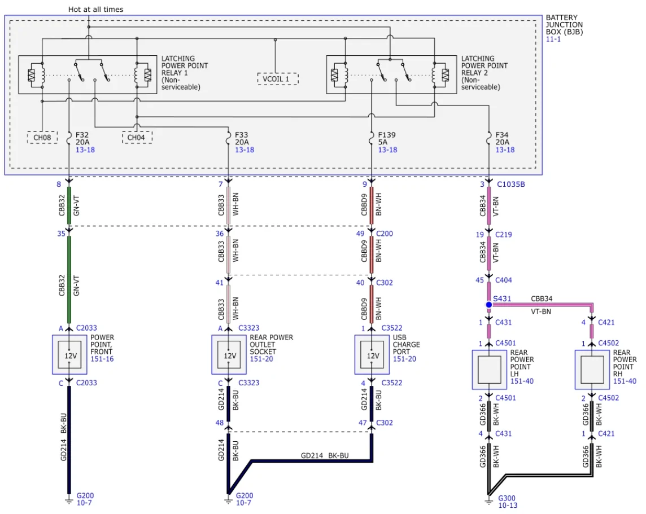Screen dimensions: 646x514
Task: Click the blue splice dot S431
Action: point(488,305)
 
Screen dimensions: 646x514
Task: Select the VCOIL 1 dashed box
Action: point(278,79)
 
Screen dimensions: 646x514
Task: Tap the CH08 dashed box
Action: point(42,138)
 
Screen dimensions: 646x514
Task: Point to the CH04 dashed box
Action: point(137,138)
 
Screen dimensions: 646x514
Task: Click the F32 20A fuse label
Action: point(82,138)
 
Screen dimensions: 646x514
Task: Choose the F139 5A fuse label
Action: point(387,138)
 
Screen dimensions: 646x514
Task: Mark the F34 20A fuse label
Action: point(502,138)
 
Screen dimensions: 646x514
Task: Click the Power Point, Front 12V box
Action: point(69,355)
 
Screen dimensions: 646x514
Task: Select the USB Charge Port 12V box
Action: point(372,355)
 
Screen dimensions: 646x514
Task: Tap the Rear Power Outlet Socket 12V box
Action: point(229,355)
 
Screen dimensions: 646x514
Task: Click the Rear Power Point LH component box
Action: point(490,370)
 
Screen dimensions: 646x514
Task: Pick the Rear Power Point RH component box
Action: point(592,370)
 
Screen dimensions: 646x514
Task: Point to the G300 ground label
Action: point(507,498)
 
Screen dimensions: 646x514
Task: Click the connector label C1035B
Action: point(511,184)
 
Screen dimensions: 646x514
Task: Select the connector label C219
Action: point(504,235)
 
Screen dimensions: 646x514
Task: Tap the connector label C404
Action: point(504,280)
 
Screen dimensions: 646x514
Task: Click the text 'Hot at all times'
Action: point(95,9)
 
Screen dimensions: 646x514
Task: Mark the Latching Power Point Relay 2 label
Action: point(484,73)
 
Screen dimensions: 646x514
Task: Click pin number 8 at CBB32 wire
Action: point(59,184)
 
